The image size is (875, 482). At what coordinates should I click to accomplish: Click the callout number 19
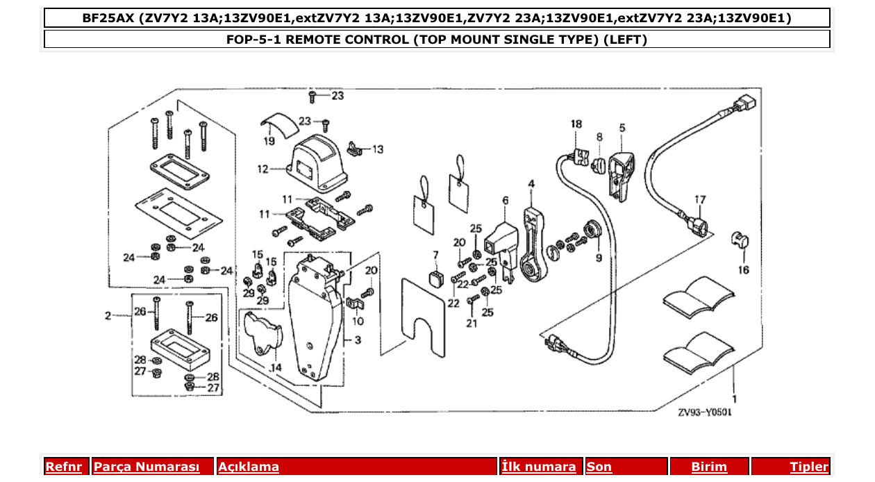click(x=269, y=141)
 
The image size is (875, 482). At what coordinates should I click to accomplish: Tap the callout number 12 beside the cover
click(x=262, y=169)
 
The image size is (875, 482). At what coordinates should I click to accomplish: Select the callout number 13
click(x=377, y=149)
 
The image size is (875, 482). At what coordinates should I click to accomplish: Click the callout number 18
click(x=576, y=124)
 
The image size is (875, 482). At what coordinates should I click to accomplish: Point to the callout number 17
click(x=699, y=200)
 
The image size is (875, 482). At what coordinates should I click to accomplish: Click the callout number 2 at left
click(x=108, y=316)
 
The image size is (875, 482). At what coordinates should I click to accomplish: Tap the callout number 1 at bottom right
click(x=734, y=399)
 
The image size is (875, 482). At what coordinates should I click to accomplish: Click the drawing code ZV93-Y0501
click(x=705, y=412)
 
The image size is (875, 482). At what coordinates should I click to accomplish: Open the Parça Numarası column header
click(x=147, y=467)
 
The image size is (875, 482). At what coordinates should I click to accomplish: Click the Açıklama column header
click(x=249, y=467)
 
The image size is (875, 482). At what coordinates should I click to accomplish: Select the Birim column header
click(x=708, y=467)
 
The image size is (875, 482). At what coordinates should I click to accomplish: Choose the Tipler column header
click(x=808, y=467)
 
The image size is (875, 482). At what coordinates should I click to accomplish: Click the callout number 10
click(x=358, y=322)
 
